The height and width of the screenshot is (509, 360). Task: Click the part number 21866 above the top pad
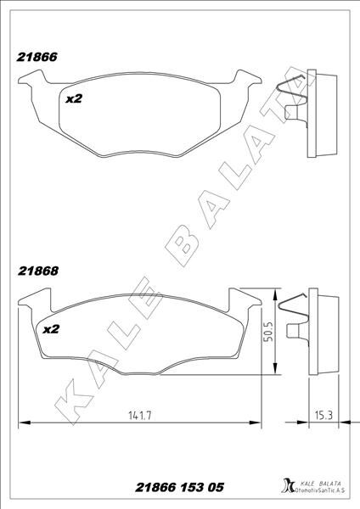37,57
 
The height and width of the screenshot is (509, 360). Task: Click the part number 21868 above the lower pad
38,271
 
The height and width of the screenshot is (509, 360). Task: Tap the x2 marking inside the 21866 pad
74,98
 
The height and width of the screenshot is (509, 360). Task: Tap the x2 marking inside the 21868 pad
51,329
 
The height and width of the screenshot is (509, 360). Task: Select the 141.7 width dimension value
140,416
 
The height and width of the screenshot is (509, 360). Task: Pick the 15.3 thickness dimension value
323,415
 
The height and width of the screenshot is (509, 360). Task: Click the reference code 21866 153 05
179,487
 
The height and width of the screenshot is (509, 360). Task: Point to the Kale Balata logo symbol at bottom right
288,487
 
